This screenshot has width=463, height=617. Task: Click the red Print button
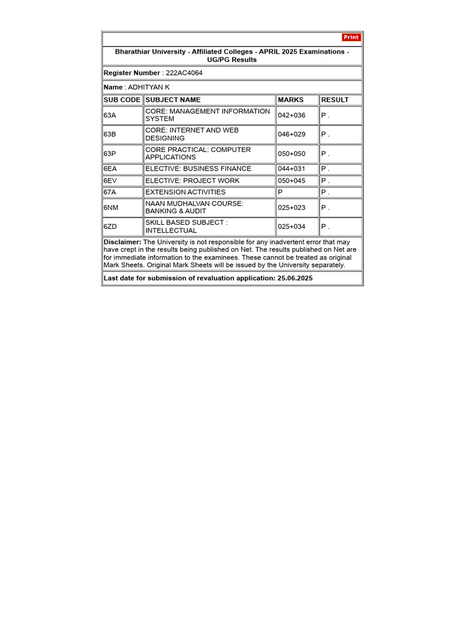pos(351,37)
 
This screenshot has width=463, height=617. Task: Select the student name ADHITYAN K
pos(148,87)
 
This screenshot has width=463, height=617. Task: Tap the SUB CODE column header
pos(122,100)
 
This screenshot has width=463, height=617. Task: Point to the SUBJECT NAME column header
pos(173,100)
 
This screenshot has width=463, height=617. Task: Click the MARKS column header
pos(291,100)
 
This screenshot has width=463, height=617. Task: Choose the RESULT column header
pos(335,100)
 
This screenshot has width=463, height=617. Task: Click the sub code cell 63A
pos(110,115)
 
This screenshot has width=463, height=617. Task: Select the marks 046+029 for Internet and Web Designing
pos(292,134)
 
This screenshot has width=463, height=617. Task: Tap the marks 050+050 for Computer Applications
pos(292,154)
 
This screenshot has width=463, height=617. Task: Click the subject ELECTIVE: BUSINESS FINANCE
pos(198,169)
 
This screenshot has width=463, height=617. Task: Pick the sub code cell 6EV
pos(111,181)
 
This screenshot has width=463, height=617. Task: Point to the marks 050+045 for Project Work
pos(292,181)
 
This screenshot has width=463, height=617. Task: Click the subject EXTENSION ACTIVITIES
pos(186,192)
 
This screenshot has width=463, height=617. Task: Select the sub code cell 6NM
pos(111,208)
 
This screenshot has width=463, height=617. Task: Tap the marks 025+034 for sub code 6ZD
pos(292,227)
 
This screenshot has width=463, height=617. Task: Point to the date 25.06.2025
pos(295,278)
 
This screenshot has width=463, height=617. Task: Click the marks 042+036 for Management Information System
pos(292,115)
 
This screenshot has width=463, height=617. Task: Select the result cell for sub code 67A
pos(325,192)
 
